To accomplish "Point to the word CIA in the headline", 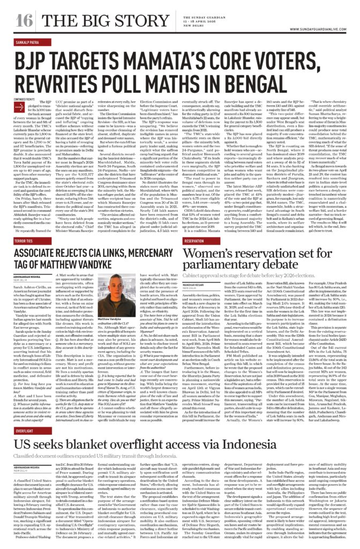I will click(x=118, y=254).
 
